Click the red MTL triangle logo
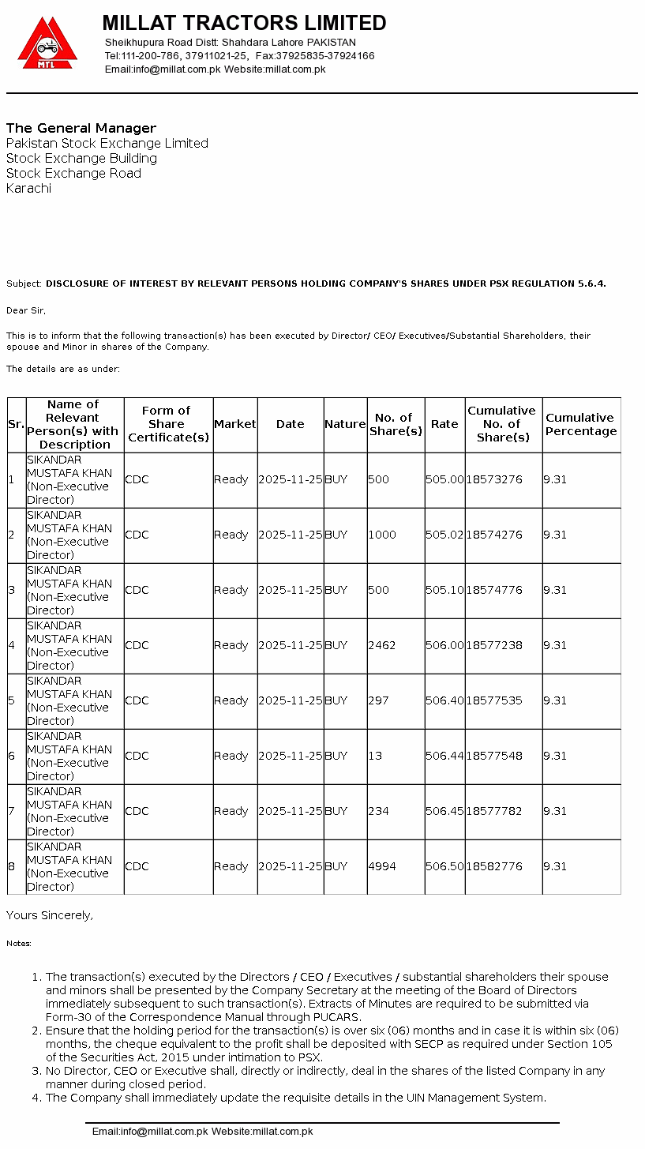(47, 44)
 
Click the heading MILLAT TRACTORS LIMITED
(244, 23)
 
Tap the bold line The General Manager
(81, 128)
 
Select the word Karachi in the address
(28, 188)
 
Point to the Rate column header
(444, 424)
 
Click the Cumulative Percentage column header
(581, 424)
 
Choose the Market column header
(235, 424)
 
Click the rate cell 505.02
(444, 535)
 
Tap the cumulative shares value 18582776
(494, 866)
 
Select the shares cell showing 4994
(382, 866)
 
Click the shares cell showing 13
(375, 756)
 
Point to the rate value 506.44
(444, 756)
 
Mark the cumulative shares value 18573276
(494, 479)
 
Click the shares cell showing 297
(378, 700)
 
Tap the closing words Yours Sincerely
(50, 915)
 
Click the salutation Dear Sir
(26, 310)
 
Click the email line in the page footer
(202, 1132)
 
